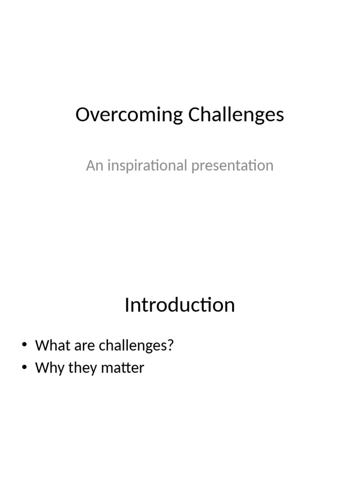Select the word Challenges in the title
(x=236, y=115)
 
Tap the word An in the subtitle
(x=94, y=165)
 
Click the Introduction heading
(x=180, y=305)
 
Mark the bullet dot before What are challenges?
(x=25, y=346)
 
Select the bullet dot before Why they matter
(x=25, y=368)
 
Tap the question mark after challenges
(x=171, y=345)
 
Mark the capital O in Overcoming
(x=82, y=115)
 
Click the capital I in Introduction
(x=127, y=305)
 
